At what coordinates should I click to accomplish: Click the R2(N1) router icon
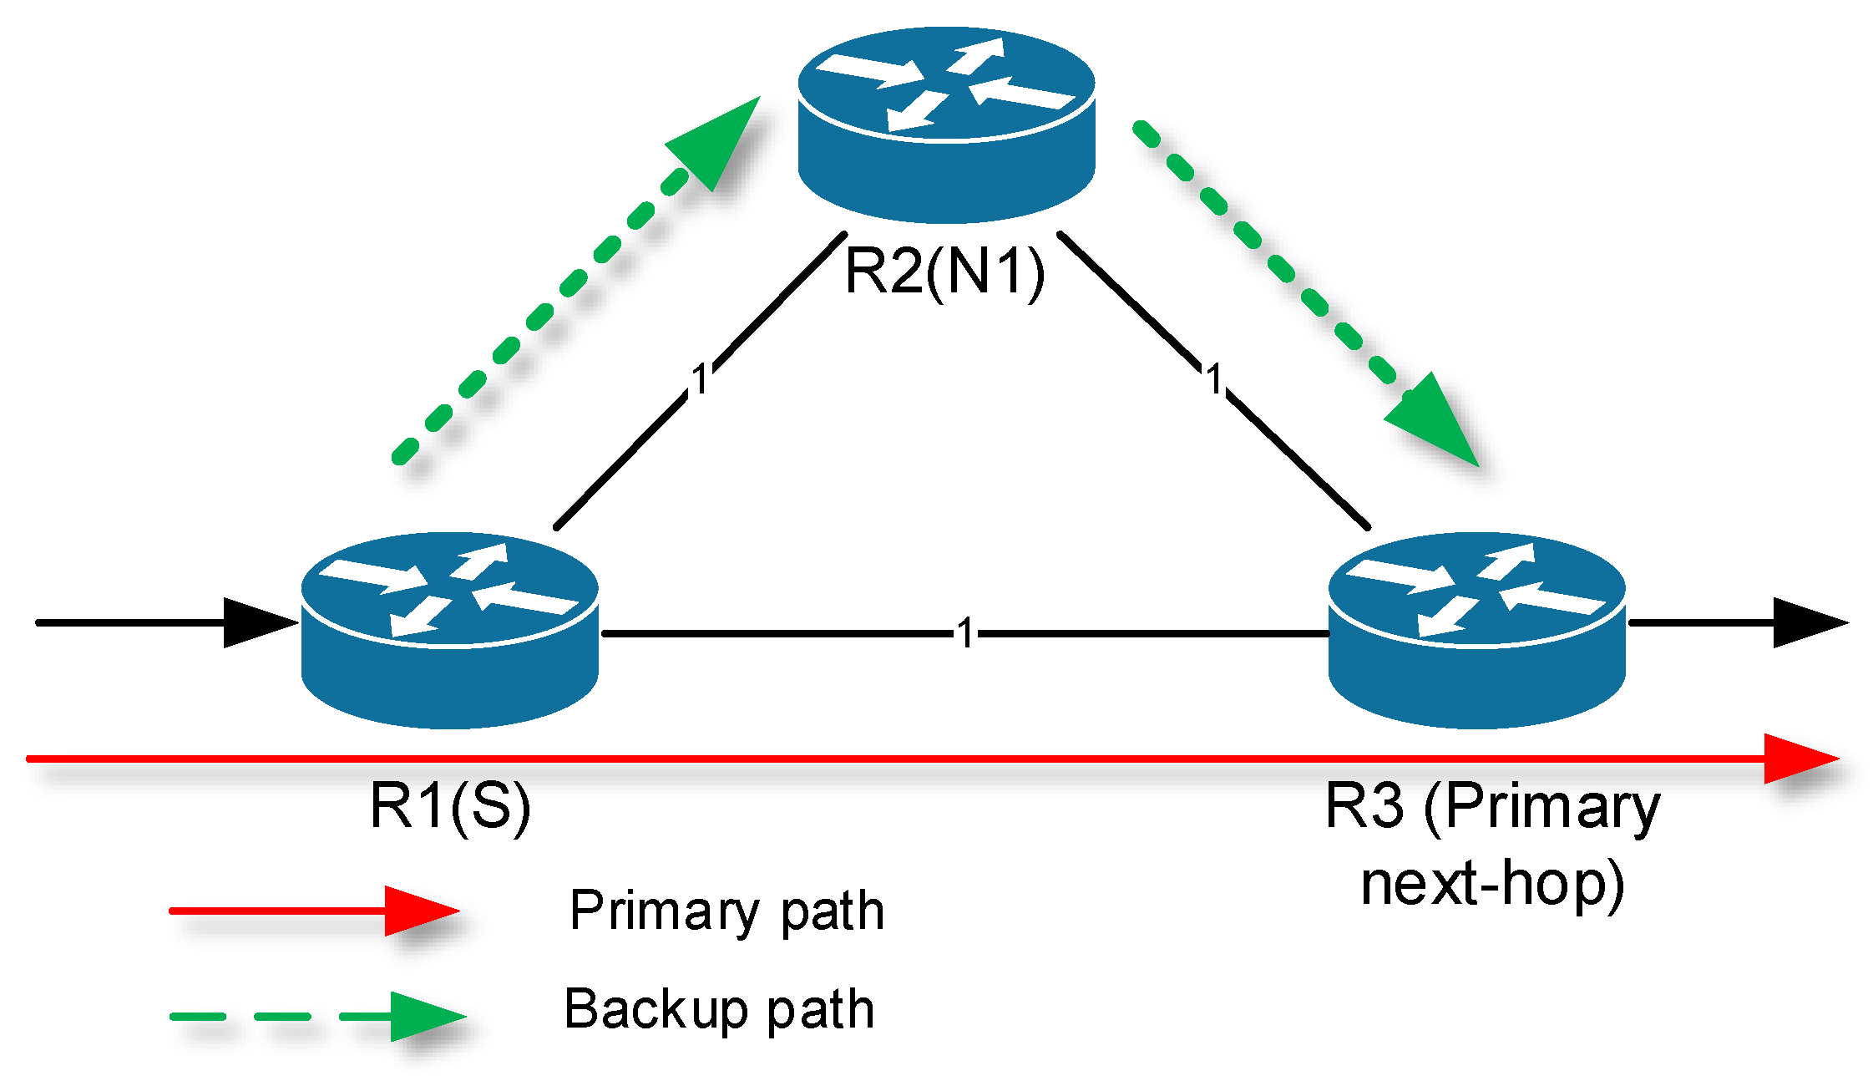pos(946,125)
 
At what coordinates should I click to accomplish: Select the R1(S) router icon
pos(449,631)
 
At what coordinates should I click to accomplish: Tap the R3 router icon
pos(1476,631)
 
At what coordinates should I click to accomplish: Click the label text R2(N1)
pos(944,272)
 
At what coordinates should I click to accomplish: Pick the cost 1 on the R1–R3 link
pos(965,634)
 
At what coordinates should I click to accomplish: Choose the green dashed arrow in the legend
pos(317,1017)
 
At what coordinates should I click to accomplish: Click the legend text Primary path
pos(726,911)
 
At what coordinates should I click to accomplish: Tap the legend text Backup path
pos(719,1009)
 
